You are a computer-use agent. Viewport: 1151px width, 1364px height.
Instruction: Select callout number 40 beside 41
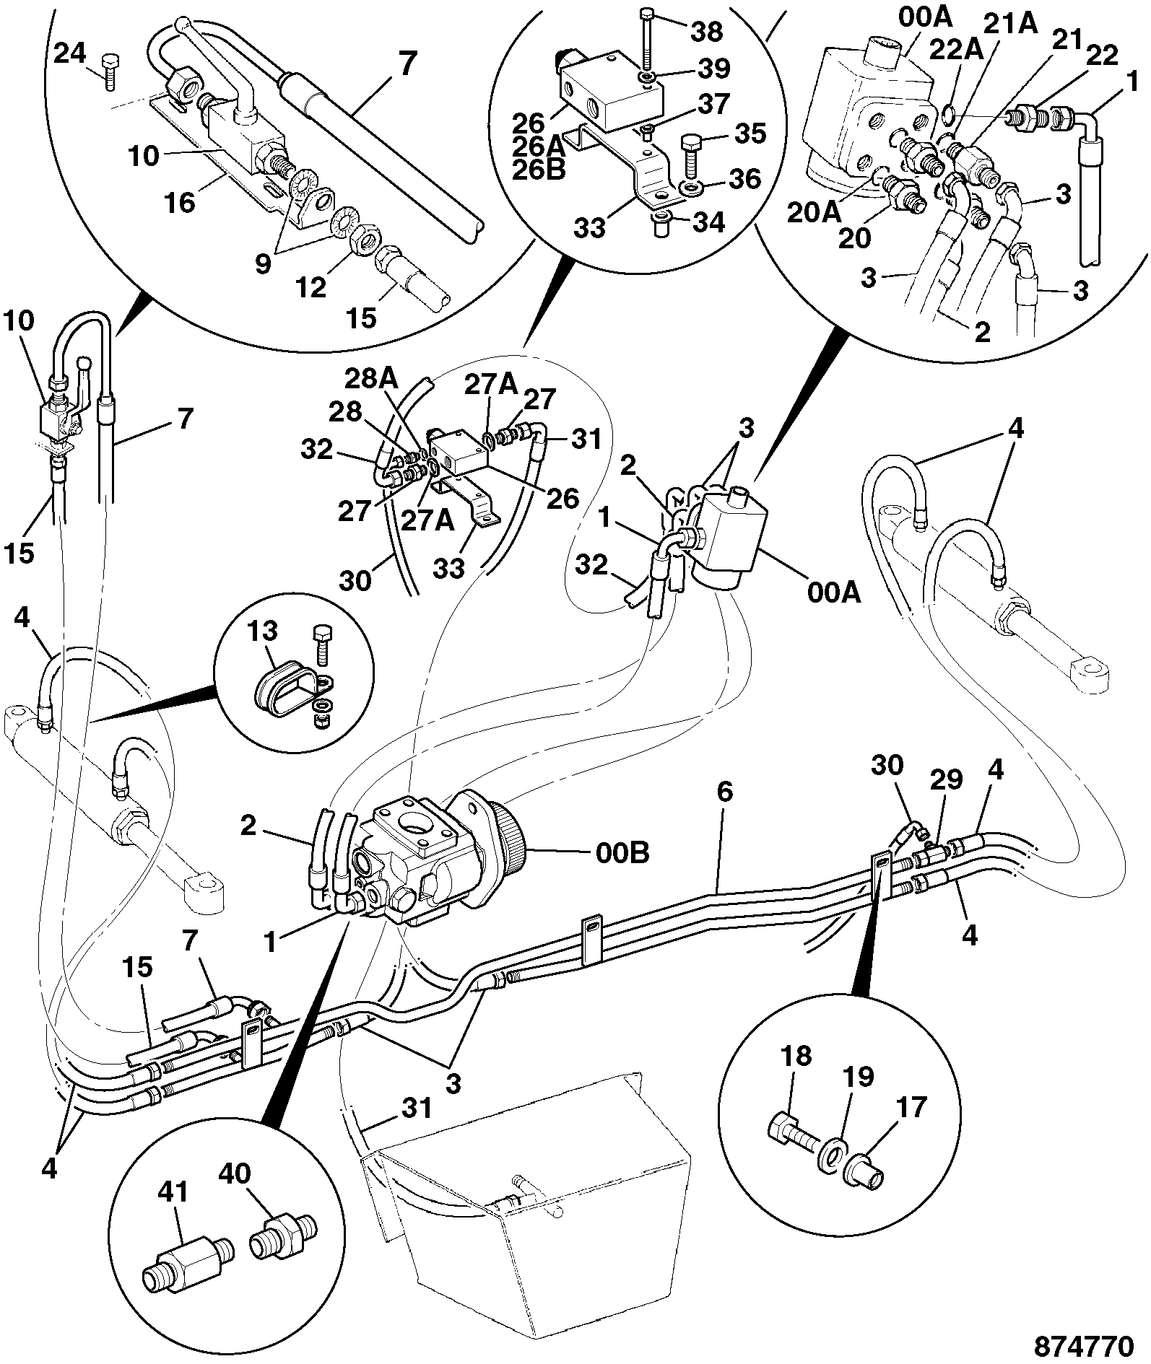[234, 1174]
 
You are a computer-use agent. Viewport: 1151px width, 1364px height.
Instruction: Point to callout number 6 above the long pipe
[724, 792]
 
